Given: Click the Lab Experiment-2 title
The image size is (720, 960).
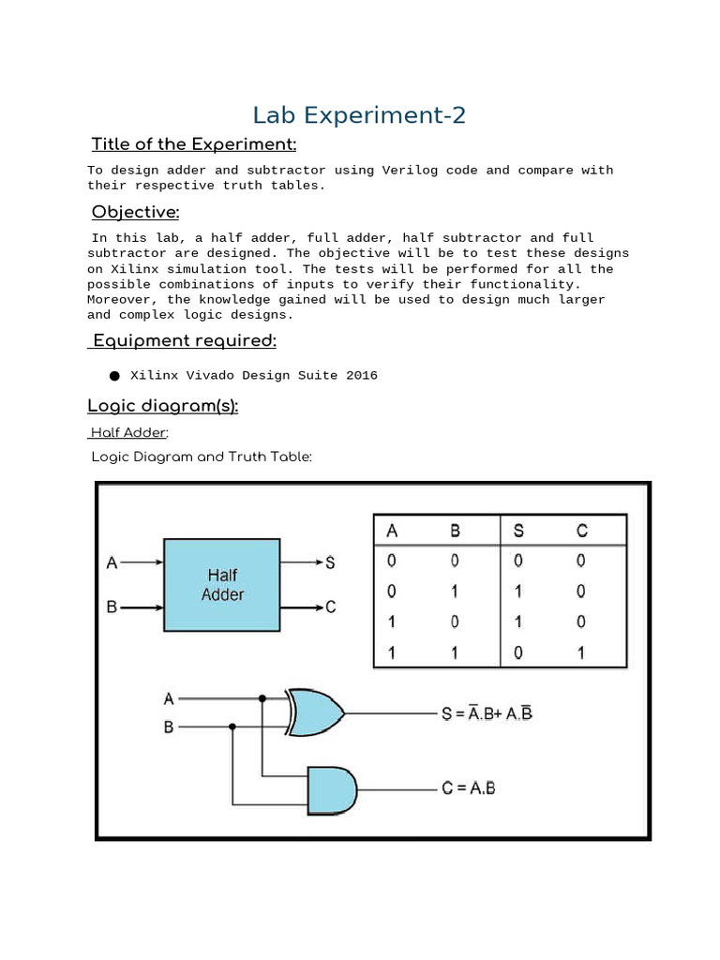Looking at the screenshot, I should [359, 115].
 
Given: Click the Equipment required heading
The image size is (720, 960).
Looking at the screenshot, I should [182, 340].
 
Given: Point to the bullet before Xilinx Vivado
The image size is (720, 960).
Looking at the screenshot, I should [114, 376].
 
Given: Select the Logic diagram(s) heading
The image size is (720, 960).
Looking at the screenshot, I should [162, 406].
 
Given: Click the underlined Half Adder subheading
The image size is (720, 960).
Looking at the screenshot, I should [129, 432].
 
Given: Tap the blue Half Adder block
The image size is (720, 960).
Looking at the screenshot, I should [222, 585].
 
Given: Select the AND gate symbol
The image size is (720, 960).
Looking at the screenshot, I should [332, 788].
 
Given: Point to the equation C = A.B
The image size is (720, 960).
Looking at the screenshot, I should [469, 788].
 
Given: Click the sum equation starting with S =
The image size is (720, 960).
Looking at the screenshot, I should [487, 713].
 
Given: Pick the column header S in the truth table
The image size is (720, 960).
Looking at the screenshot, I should [518, 531].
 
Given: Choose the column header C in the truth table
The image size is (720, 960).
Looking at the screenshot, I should [582, 531].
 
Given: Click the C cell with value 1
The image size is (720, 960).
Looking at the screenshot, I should [582, 652].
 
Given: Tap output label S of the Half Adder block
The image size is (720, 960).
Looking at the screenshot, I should [330, 563].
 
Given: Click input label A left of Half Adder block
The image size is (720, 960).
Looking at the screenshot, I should [112, 563].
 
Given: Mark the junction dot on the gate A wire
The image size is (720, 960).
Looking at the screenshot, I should [262, 698].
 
